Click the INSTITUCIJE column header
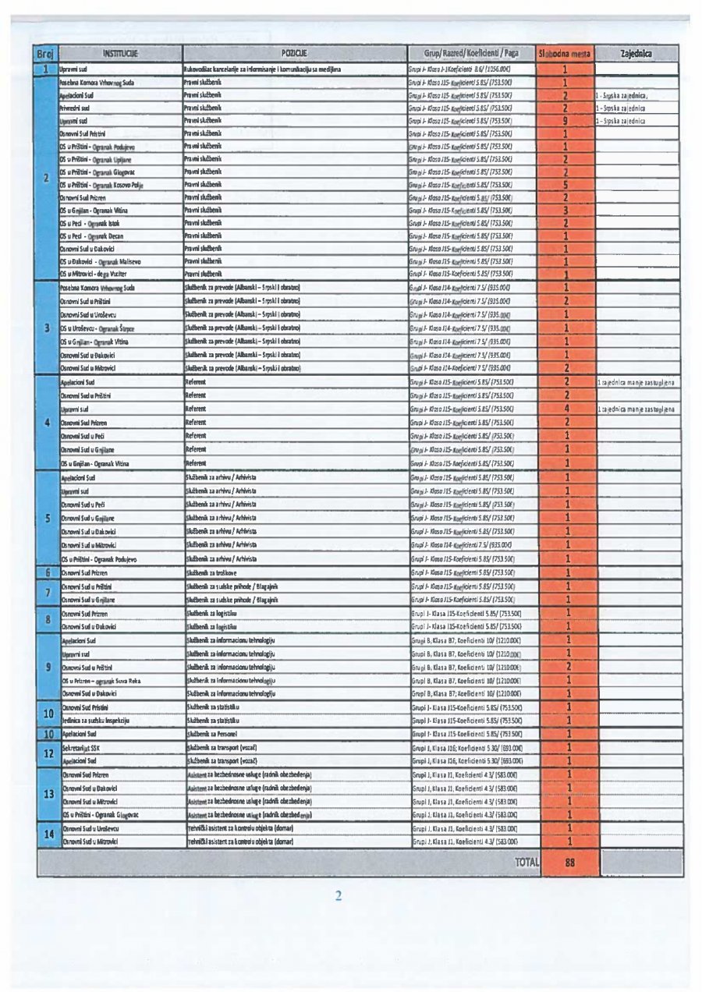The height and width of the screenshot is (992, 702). click(x=115, y=55)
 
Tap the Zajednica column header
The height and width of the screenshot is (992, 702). click(x=636, y=55)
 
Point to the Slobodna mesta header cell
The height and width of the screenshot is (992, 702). click(x=565, y=55)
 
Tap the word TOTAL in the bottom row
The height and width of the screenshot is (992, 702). click(x=527, y=862)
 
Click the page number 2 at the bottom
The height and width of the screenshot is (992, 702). click(x=339, y=895)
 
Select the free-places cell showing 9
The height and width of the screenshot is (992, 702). click(x=565, y=122)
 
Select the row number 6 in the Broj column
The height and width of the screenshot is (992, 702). click(x=47, y=572)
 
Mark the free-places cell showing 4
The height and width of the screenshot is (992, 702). click(x=565, y=408)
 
